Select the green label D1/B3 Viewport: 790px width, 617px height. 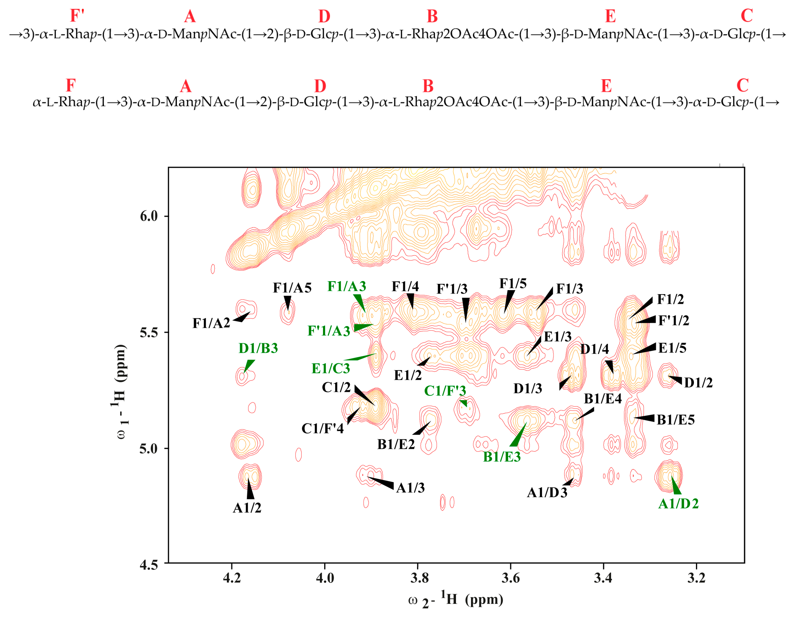(x=258, y=348)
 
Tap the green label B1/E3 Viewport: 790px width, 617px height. (x=502, y=457)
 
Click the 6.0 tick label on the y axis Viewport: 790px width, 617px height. (x=149, y=217)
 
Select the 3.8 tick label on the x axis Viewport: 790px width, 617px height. (x=419, y=578)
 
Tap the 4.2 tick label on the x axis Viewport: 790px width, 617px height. (x=231, y=578)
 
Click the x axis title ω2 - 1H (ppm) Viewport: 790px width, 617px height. (x=455, y=600)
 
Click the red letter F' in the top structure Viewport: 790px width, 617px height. (x=77, y=16)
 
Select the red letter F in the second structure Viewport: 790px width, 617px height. (x=71, y=86)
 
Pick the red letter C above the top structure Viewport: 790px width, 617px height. (x=747, y=16)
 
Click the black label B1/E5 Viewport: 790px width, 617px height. (x=676, y=420)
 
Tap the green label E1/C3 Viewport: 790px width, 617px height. (x=331, y=368)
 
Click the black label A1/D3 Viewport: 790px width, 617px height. (x=547, y=493)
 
